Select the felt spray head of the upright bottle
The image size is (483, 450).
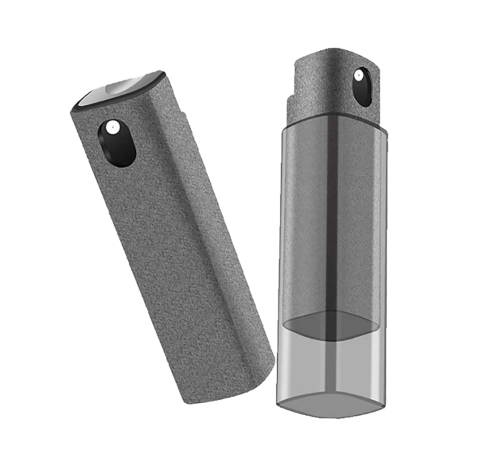point(329,80)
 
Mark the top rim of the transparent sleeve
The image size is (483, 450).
point(335,124)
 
